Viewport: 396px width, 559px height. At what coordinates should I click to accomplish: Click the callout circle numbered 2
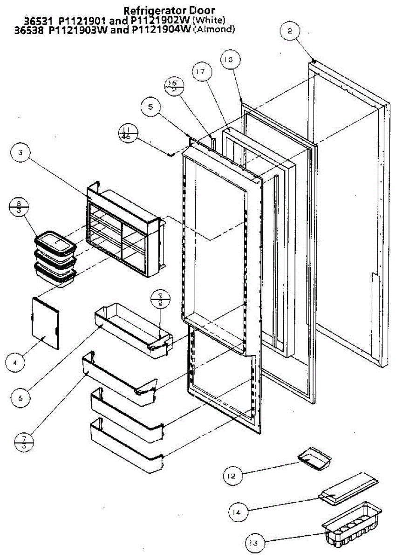tap(290, 32)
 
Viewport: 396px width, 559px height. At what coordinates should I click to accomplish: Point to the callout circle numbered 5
tap(150, 108)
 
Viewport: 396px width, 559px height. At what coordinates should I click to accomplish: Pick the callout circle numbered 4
tap(15, 361)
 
